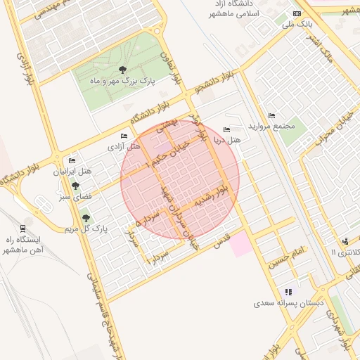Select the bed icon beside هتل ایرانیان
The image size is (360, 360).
click(x=72, y=161)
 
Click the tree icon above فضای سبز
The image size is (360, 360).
click(x=75, y=186)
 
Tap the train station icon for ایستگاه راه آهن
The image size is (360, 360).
click(x=23, y=227)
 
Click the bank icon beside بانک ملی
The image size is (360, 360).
click(x=297, y=13)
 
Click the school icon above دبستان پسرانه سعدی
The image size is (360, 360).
click(x=288, y=292)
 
